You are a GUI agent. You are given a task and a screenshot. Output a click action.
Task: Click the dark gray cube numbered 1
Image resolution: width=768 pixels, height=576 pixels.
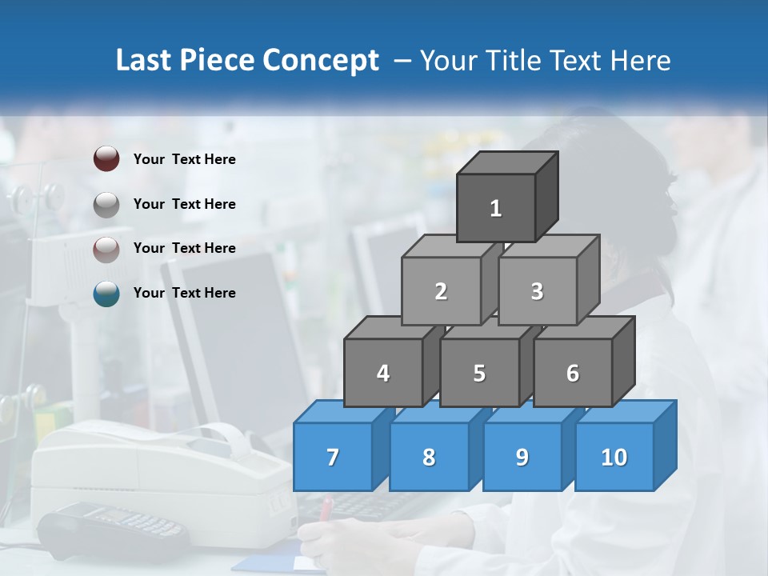pyautogui.click(x=496, y=208)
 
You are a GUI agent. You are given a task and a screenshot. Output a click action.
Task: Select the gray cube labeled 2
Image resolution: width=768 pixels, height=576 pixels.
pyautogui.click(x=441, y=291)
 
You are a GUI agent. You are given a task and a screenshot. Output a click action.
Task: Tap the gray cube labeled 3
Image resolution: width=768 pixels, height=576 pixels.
pyautogui.click(x=537, y=291)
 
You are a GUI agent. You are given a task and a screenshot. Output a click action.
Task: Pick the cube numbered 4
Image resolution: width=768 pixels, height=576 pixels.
pyautogui.click(x=383, y=373)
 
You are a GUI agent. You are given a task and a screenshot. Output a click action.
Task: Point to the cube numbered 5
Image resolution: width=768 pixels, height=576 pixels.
pyautogui.click(x=479, y=373)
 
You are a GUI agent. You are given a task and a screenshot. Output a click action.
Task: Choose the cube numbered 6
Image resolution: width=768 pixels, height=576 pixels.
pyautogui.click(x=573, y=373)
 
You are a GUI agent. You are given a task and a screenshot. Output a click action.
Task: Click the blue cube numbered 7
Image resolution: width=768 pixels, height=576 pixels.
pyautogui.click(x=333, y=457)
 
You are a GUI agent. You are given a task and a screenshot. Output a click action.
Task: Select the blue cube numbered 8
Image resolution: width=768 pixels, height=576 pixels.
pyautogui.click(x=429, y=457)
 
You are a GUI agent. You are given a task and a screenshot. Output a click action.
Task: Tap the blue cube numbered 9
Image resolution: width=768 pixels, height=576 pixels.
pyautogui.click(x=522, y=457)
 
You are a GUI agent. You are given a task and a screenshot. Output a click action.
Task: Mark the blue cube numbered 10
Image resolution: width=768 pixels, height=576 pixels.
pyautogui.click(x=614, y=457)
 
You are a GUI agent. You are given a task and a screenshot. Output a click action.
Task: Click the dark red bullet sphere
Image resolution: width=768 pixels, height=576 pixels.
pyautogui.click(x=106, y=158)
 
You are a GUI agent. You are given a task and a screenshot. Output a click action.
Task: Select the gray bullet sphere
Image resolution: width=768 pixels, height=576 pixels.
pyautogui.click(x=106, y=204)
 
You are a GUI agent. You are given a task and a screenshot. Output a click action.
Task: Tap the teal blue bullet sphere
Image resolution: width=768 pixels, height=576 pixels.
pyautogui.click(x=106, y=294)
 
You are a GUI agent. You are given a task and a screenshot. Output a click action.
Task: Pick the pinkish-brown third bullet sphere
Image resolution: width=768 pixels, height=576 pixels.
pyautogui.click(x=106, y=249)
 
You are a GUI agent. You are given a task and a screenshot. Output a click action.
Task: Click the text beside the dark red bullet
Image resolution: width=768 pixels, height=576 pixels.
pyautogui.click(x=185, y=159)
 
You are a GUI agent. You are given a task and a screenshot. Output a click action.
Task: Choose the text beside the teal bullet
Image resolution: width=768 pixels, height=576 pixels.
pyautogui.click(x=185, y=293)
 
